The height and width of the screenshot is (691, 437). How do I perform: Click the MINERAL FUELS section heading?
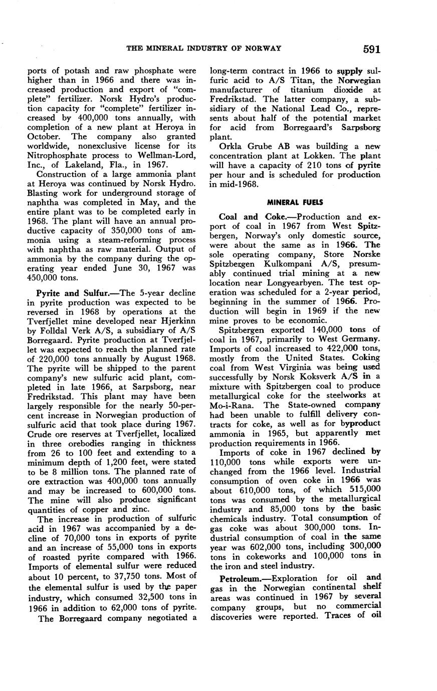coord(295,202)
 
